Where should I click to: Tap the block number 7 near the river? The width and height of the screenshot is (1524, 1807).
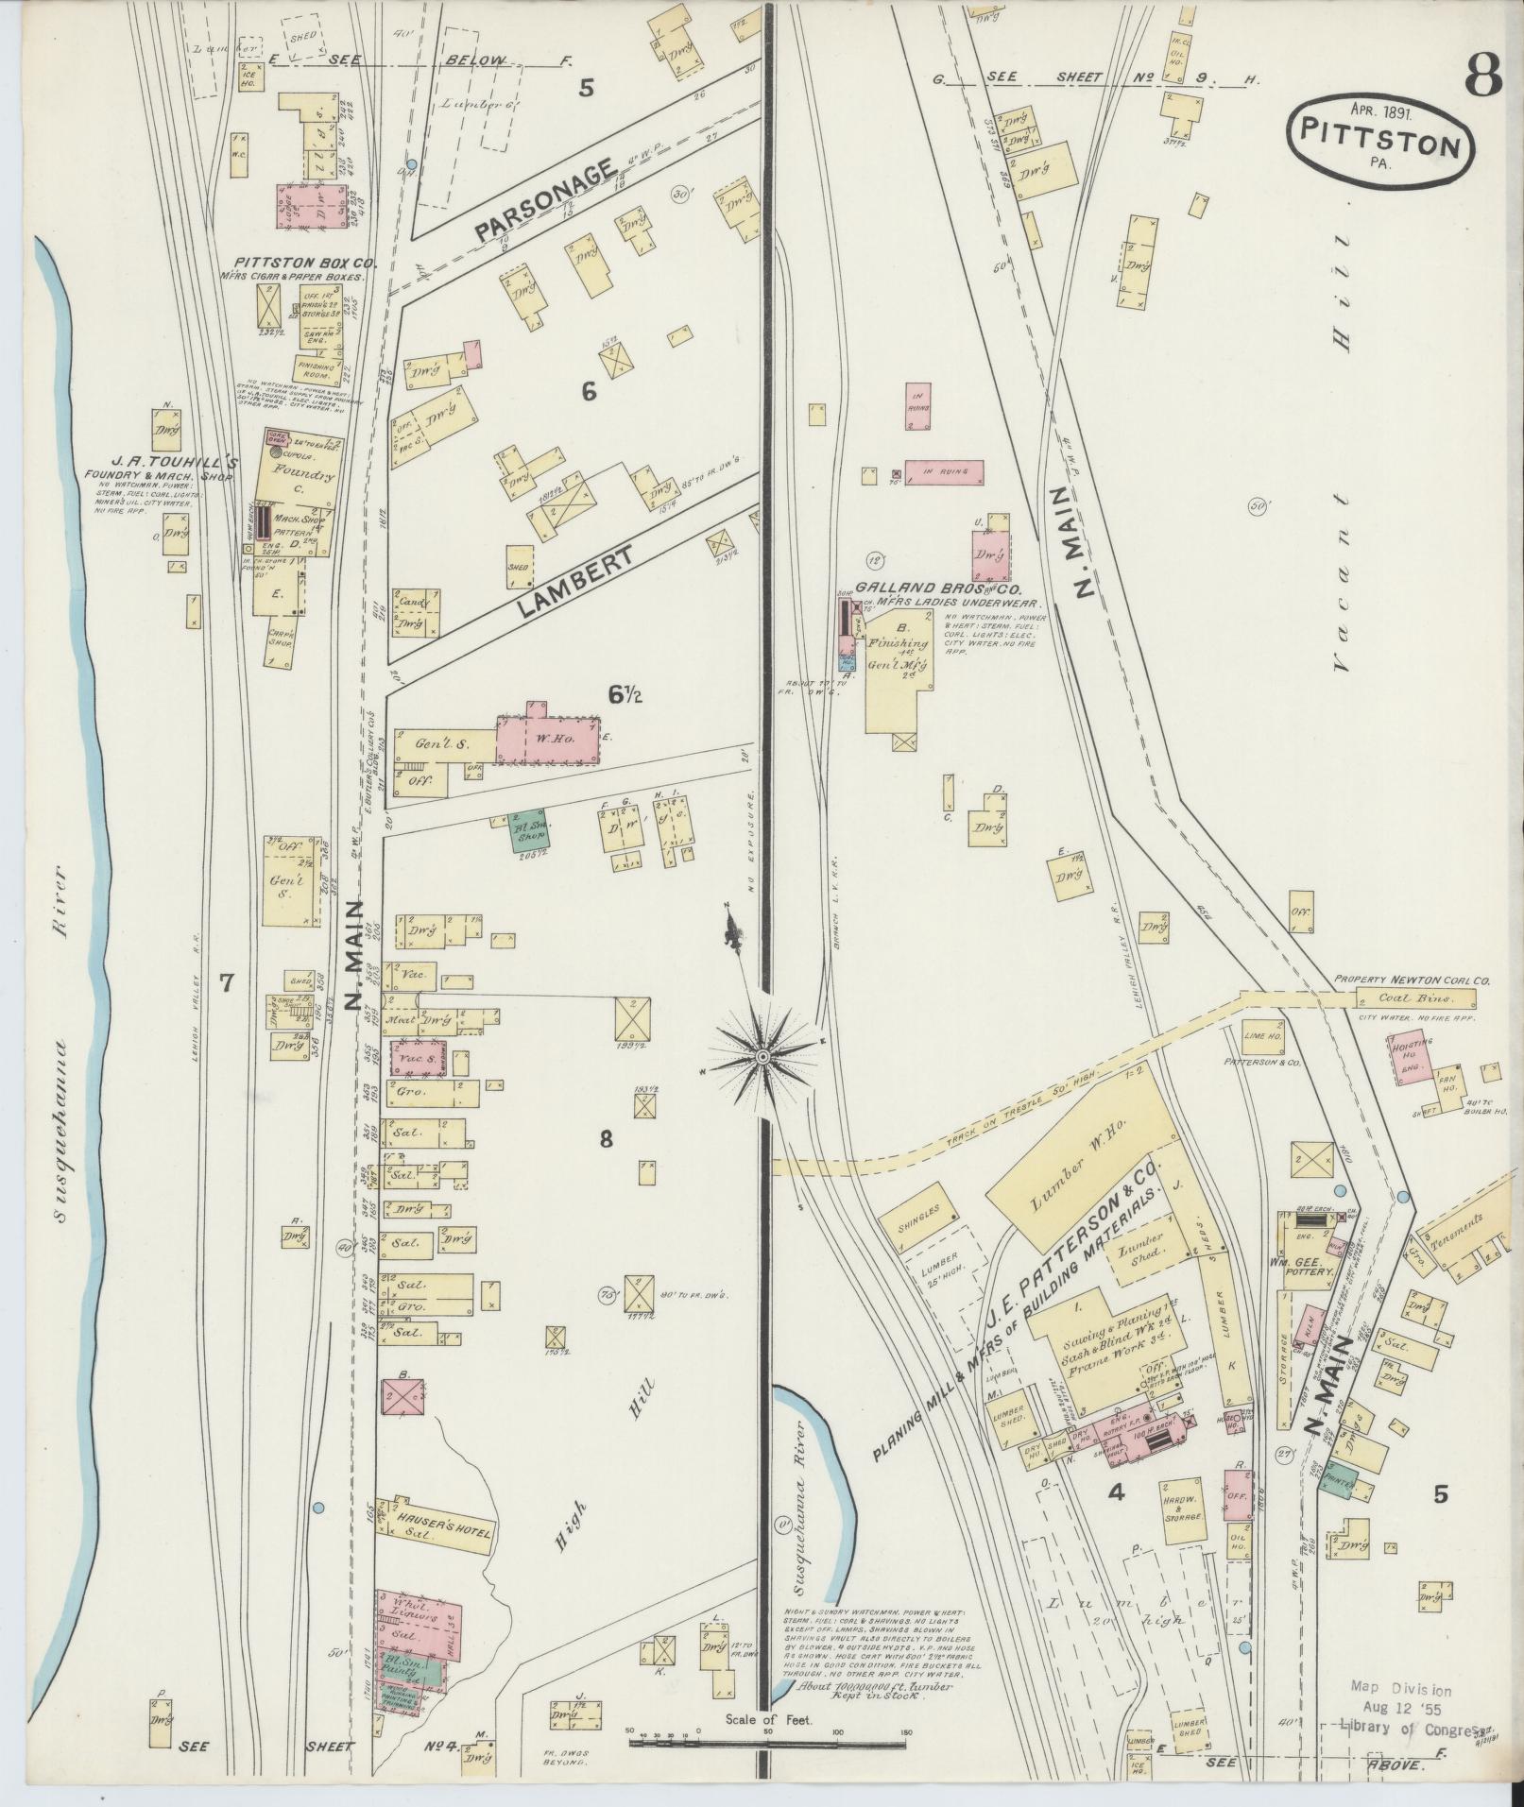click(226, 983)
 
